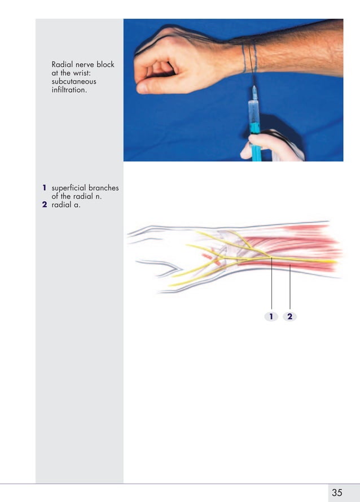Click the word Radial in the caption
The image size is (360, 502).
click(x=62, y=64)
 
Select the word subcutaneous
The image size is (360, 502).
click(x=74, y=81)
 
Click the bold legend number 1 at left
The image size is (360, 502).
click(x=43, y=188)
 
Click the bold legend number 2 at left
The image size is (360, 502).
click(x=44, y=205)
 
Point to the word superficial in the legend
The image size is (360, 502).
click(x=69, y=188)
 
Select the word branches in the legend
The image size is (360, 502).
click(x=104, y=188)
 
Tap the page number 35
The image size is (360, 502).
click(x=337, y=492)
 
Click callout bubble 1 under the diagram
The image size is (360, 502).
click(x=271, y=316)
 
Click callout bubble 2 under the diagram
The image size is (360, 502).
click(x=289, y=316)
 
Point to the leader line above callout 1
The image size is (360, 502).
click(x=271, y=282)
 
